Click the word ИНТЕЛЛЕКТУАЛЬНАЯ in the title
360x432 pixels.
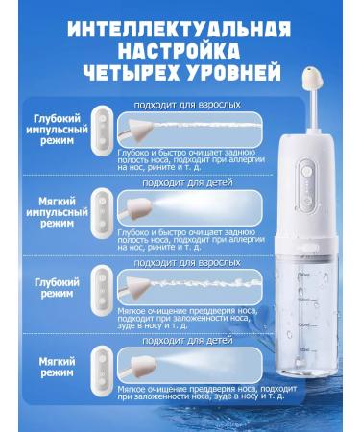[180, 20]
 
